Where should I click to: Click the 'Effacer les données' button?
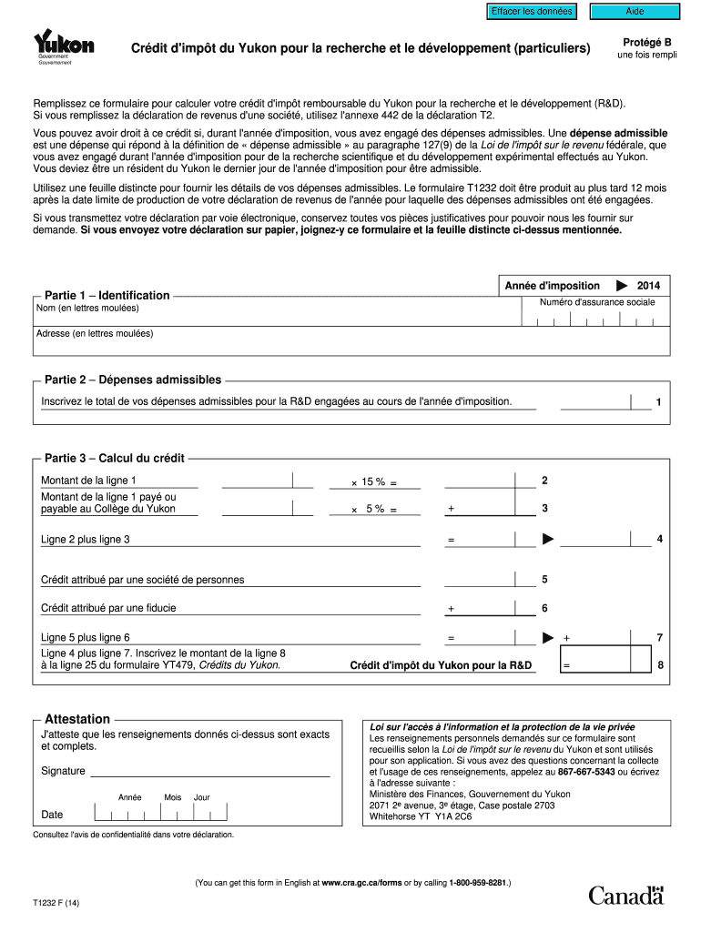(x=532, y=11)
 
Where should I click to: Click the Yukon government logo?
(x=63, y=46)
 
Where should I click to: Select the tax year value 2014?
(x=648, y=286)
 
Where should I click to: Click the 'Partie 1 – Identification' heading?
(x=107, y=295)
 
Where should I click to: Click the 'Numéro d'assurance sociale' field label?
(x=596, y=302)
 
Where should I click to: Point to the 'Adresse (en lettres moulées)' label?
(x=95, y=334)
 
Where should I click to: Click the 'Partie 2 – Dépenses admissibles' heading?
(x=133, y=380)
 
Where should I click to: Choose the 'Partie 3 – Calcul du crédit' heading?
(x=115, y=458)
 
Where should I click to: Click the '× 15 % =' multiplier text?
(x=374, y=482)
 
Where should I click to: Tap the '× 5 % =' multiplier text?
(x=374, y=510)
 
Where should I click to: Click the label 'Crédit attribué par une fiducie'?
(x=108, y=608)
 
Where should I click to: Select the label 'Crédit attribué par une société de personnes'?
(x=142, y=580)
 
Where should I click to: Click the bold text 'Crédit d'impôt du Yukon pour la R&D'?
(x=441, y=666)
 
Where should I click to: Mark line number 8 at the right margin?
(x=660, y=666)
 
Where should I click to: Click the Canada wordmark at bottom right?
(x=626, y=896)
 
